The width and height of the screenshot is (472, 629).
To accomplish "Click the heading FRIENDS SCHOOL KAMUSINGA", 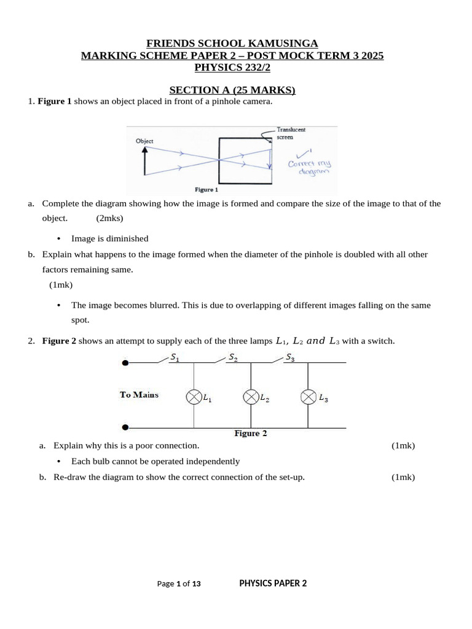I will (x=232, y=43).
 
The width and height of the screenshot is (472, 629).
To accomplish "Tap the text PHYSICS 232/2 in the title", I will (x=232, y=68).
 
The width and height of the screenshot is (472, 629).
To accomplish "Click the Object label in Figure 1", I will (x=144, y=141).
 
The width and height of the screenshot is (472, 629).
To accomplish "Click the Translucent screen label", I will (x=291, y=133).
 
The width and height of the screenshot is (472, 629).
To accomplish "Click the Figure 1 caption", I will (x=206, y=190).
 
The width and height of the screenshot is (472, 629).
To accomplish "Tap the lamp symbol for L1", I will (x=194, y=397).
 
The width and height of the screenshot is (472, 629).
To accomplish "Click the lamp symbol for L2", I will (x=251, y=397).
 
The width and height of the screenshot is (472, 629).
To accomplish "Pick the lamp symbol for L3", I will (x=307, y=397).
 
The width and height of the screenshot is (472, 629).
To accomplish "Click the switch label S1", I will (x=175, y=357).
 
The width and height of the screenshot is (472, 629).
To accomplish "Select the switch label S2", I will (x=233, y=356).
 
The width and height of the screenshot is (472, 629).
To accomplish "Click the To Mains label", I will (x=139, y=395).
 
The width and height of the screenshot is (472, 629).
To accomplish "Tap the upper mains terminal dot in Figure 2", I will (x=125, y=363).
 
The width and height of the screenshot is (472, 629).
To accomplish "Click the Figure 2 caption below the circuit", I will (x=251, y=433).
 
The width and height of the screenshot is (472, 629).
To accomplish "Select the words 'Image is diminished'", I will (x=110, y=238).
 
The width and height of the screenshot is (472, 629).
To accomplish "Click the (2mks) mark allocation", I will (x=109, y=218).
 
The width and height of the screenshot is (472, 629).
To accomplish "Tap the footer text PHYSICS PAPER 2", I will (x=273, y=584).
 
